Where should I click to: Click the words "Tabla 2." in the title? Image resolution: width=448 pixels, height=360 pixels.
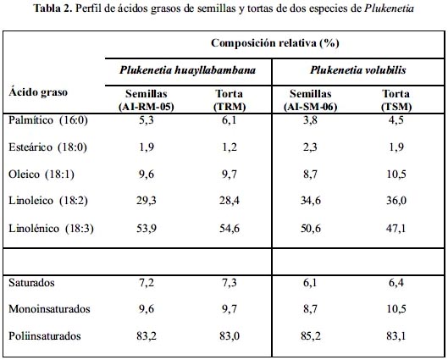[53, 8]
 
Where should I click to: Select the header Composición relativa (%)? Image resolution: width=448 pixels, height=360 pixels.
[275, 43]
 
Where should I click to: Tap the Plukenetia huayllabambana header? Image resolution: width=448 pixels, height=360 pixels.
[187, 70]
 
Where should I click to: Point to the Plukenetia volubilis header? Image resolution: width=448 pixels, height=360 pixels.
[358, 70]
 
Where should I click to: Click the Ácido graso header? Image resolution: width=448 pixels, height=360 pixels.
[38, 92]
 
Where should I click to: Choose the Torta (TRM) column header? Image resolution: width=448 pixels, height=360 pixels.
[230, 100]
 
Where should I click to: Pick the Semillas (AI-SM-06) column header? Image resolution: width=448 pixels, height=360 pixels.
[310, 100]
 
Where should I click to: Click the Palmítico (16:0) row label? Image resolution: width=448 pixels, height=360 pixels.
[48, 120]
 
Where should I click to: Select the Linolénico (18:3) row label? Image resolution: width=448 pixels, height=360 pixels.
[51, 229]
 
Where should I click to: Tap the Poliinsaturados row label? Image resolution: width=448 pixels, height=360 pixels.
[45, 335]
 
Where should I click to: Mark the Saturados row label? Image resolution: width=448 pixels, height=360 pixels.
[31, 283]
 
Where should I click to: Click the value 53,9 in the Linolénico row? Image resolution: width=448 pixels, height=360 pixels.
[147, 229]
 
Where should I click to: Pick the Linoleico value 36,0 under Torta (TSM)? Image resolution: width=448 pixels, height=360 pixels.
[396, 201]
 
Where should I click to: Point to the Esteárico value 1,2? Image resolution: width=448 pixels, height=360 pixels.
[230, 147]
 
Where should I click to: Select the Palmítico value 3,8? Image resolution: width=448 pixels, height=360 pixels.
[310, 120]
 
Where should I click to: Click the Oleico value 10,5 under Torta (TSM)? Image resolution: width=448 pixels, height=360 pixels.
[396, 174]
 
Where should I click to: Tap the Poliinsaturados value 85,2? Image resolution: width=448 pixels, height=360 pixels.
[310, 335]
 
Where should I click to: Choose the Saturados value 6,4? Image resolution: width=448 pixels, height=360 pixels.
[396, 283]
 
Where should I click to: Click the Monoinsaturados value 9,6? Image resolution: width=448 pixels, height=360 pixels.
[147, 309]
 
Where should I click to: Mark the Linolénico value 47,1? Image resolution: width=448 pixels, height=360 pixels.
[396, 229]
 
